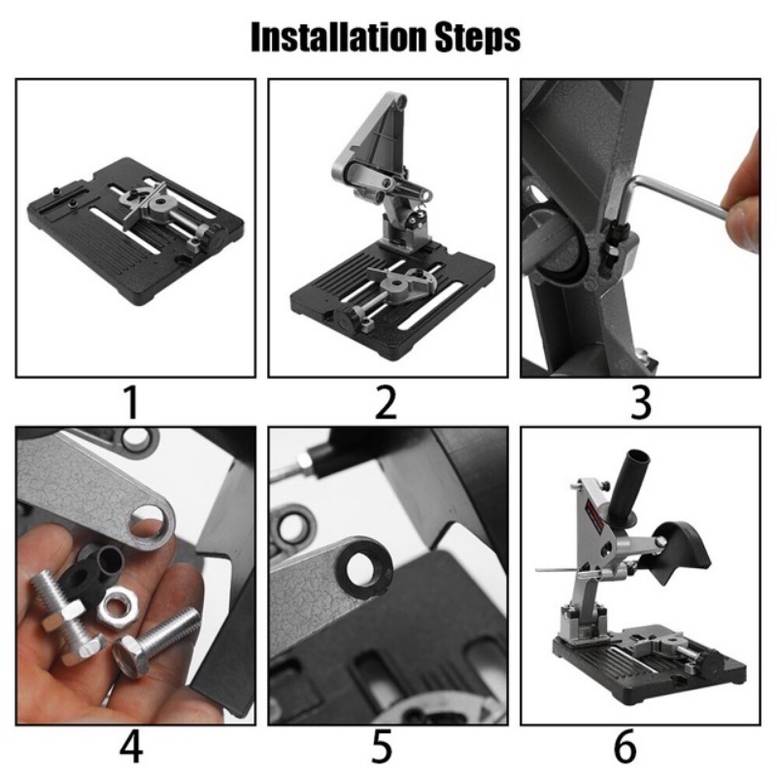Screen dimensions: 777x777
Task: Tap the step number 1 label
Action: (x=131, y=402)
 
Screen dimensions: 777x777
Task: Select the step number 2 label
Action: (x=386, y=402)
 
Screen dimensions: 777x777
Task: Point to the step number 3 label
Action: (x=641, y=402)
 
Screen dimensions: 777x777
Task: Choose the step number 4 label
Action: (x=131, y=746)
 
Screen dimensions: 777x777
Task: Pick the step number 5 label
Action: (x=382, y=746)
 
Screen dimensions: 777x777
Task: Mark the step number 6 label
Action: (x=625, y=746)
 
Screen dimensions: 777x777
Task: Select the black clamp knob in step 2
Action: (x=346, y=321)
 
